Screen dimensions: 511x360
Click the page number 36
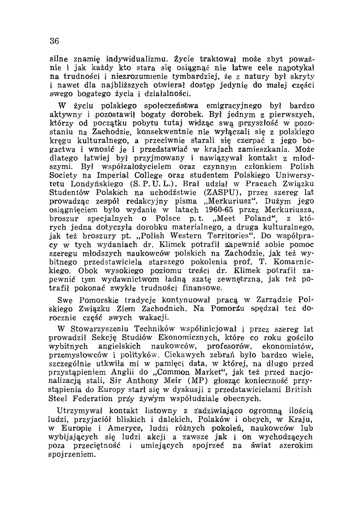pos(54,41)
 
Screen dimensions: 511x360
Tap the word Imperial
pos(112,175)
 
